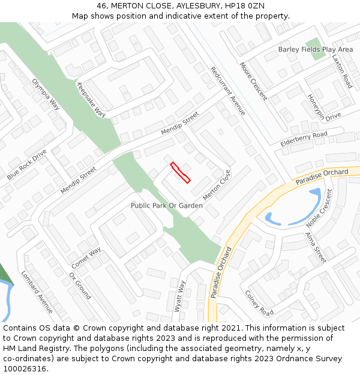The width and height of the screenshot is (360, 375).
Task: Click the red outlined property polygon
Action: [181, 172]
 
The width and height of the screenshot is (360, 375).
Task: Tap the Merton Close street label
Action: [217, 185]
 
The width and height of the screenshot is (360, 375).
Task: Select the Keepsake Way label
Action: [91, 99]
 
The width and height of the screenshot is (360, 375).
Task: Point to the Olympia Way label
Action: [46, 94]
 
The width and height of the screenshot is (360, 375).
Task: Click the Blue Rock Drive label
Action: [26, 165]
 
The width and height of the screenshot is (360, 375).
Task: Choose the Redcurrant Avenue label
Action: [227, 91]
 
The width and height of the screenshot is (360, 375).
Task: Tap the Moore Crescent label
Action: [253, 81]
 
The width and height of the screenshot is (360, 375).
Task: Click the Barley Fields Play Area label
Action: [316, 49]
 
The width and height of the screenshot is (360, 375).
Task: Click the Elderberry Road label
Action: [304, 139]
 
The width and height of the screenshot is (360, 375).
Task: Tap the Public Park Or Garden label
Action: [167, 206]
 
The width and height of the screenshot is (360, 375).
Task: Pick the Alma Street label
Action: [316, 247]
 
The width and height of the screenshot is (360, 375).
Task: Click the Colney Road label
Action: [259, 303]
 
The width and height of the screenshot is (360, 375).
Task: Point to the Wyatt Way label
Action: [180, 296]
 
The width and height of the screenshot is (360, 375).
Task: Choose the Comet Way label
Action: [86, 258]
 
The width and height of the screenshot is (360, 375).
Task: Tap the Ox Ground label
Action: [79, 286]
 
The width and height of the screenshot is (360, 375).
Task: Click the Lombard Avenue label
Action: [37, 292]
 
